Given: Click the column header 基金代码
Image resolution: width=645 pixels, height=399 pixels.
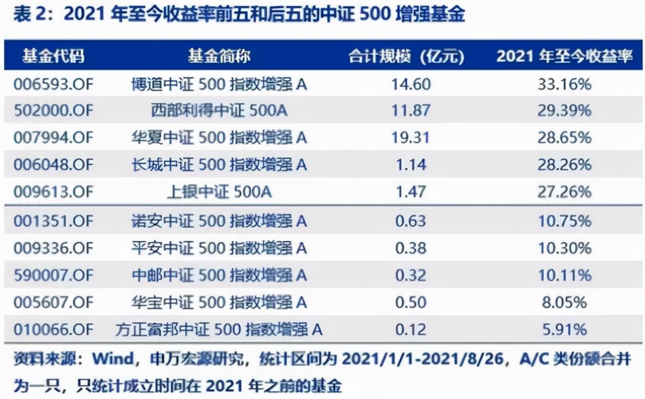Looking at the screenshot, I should point(53,55).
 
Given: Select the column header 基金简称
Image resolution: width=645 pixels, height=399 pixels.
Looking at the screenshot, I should point(219,55).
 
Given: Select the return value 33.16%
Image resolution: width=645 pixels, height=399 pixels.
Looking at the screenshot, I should point(563,84).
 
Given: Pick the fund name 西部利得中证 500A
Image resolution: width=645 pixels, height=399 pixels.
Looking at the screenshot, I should point(219,111).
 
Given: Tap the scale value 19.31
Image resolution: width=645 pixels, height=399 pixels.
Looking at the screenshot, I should point(412,138).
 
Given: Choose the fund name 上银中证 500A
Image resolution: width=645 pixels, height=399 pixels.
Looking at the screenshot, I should point(219,192).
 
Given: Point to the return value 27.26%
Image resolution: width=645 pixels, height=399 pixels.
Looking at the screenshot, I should point(563,192).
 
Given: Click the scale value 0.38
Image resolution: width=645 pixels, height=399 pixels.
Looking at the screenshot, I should point(412,248).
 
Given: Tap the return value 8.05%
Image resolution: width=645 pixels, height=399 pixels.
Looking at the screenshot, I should point(563,302).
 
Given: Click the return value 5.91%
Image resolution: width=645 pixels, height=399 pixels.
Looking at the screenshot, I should point(563,329).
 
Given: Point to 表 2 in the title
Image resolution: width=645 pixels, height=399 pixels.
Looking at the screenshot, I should point(28,15).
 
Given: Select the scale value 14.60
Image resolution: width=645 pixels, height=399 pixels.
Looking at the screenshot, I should point(412,84).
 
